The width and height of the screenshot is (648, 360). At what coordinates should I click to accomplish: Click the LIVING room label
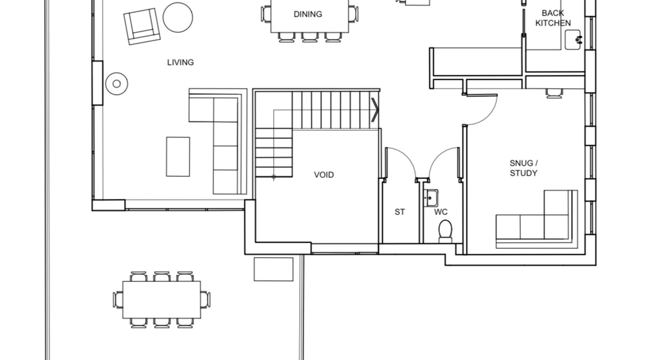(x=180, y=62)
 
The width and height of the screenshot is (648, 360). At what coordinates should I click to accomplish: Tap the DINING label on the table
(x=308, y=14)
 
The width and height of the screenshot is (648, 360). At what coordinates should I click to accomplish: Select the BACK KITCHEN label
(x=553, y=18)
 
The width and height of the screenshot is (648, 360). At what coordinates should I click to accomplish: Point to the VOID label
(x=324, y=175)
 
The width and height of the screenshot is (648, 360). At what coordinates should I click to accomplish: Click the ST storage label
(x=400, y=212)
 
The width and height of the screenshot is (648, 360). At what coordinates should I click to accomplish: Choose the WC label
(x=441, y=212)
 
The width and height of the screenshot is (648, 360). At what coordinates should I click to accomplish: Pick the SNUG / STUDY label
(x=523, y=168)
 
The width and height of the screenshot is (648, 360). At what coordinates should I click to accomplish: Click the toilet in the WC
(x=445, y=231)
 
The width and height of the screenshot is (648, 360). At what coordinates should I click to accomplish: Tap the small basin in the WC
(x=431, y=198)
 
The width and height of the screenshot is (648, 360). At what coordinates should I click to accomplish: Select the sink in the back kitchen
(x=573, y=40)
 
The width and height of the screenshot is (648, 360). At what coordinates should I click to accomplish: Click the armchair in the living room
(x=142, y=27)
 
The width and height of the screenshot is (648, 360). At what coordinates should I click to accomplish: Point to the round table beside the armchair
(x=178, y=17)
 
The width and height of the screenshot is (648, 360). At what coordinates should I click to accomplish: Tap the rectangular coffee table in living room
(x=178, y=157)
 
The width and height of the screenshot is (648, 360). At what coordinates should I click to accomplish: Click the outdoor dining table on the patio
(x=162, y=300)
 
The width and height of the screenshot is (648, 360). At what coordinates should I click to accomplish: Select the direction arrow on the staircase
(x=375, y=110)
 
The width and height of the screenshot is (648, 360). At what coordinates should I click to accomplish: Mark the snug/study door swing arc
(x=489, y=115)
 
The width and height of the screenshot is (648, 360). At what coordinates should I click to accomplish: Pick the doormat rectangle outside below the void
(x=274, y=269)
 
